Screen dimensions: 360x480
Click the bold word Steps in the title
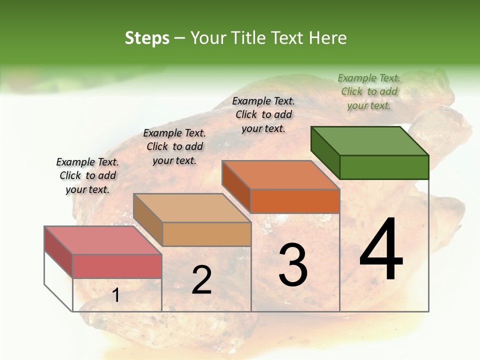(x=147, y=38)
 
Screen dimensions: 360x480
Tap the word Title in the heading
(x=250, y=38)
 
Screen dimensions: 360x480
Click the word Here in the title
(x=328, y=38)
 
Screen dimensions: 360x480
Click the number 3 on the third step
(x=293, y=264)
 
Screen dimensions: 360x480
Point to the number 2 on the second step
(x=201, y=280)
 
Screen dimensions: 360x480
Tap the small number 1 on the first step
(x=116, y=295)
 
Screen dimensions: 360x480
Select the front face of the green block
(x=384, y=167)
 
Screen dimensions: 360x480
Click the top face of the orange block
(x=280, y=175)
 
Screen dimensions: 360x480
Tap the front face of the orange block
(x=295, y=201)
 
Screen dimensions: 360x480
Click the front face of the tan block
(x=206, y=234)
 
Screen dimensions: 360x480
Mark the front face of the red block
(x=117, y=266)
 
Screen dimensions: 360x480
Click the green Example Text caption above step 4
(x=369, y=91)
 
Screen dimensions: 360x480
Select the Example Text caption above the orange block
(x=263, y=114)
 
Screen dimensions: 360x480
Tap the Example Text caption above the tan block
(x=174, y=146)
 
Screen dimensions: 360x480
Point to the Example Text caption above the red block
(x=87, y=175)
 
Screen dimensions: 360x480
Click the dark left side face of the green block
(x=325, y=152)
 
